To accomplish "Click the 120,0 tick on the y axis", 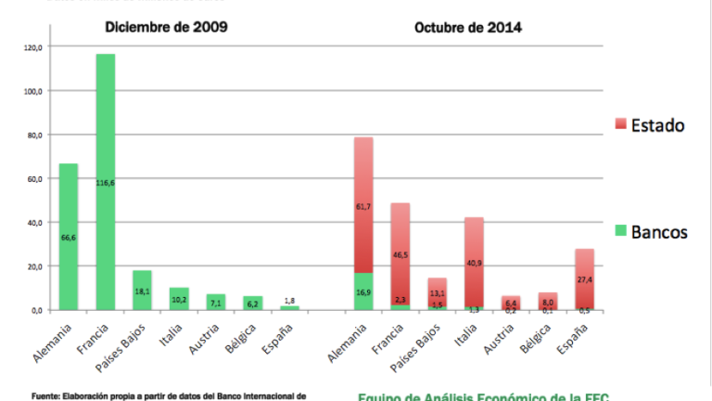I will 32,46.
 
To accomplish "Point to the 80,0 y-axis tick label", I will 34,135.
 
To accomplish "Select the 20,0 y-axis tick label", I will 34,266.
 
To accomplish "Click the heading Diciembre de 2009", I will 166,26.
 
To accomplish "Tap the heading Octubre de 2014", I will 467,26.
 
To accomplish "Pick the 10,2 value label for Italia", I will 178,300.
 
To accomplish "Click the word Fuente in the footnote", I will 44,395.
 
